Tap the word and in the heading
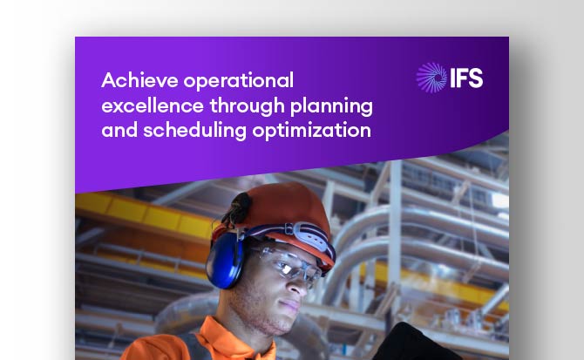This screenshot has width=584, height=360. pyautogui.click(x=117, y=132)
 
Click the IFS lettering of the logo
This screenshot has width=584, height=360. pyautogui.click(x=465, y=78)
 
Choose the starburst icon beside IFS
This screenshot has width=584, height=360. pyautogui.click(x=431, y=78)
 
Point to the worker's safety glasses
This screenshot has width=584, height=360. pyautogui.click(x=289, y=265)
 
